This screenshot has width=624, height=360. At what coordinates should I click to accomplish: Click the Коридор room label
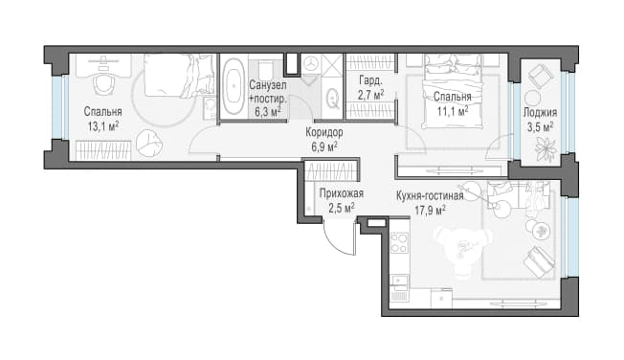pos(324,132)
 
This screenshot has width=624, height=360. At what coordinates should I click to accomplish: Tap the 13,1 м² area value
pos(103,127)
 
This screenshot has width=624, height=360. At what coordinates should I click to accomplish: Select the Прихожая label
pos(342,194)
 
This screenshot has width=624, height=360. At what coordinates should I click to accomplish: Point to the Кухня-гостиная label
pos(430,196)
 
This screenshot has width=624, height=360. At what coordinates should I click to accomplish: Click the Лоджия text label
pos(540,113)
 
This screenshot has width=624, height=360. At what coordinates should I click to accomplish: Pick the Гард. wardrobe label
pos(370,80)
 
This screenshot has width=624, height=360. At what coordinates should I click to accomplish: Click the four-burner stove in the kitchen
pos(399,243)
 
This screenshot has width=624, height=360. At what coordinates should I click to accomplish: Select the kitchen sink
pos(399,281)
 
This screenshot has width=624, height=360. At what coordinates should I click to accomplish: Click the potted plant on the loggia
pos(545,148)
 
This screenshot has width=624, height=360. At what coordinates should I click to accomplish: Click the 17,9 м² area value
pos(430,210)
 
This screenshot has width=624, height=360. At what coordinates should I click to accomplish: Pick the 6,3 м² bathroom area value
pos(268,113)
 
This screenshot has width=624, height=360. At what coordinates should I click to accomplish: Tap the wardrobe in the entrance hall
pos(331,169)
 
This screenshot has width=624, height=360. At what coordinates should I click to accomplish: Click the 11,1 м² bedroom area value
pos(453,111)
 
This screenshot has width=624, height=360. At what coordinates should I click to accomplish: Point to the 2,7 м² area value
pos(371,96)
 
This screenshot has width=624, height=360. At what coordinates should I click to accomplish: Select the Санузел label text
pos(268,85)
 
